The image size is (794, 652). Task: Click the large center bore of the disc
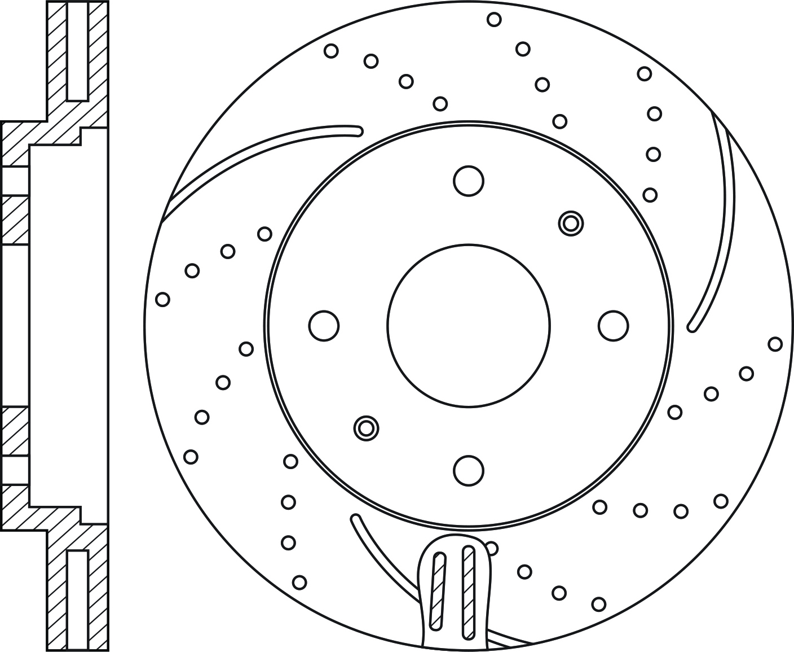468,326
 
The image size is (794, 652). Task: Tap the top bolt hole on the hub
468,181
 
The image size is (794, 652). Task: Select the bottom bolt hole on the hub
468,470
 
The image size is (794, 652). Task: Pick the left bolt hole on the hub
324,326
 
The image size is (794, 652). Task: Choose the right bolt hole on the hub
613,326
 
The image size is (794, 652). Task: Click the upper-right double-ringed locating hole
570,224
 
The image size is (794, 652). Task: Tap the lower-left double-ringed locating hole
366,428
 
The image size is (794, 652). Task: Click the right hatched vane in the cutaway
468,592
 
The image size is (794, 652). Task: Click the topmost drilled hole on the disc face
494,20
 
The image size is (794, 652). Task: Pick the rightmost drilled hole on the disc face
775,344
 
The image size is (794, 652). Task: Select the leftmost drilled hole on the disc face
162,299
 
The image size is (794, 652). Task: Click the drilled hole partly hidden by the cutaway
492,548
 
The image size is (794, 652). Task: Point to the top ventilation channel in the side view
77,51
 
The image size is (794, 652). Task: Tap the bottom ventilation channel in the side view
77,600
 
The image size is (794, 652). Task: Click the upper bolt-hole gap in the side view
15,181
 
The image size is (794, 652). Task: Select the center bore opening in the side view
15,326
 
